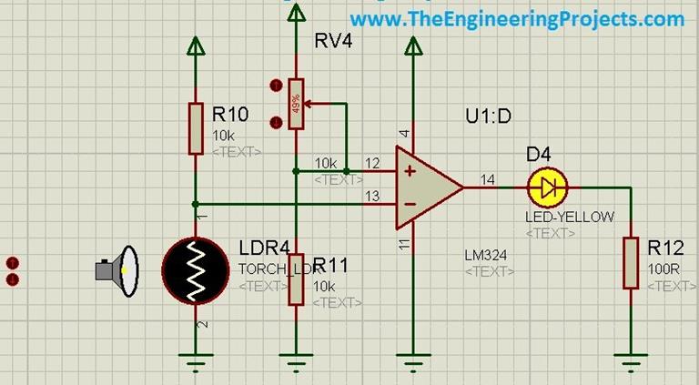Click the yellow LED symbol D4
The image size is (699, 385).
[547, 187]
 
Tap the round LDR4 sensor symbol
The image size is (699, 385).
[196, 270]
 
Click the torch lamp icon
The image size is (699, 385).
[119, 270]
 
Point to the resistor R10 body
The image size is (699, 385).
[196, 127]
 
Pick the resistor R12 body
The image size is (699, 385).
[630, 262]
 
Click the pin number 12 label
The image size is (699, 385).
[371, 163]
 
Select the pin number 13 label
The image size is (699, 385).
[371, 196]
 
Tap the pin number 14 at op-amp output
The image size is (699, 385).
[488, 179]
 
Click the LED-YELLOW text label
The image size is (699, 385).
[570, 217]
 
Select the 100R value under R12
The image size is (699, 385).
[660, 270]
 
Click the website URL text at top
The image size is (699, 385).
[516, 18]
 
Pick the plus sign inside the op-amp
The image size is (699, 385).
[410, 170]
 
